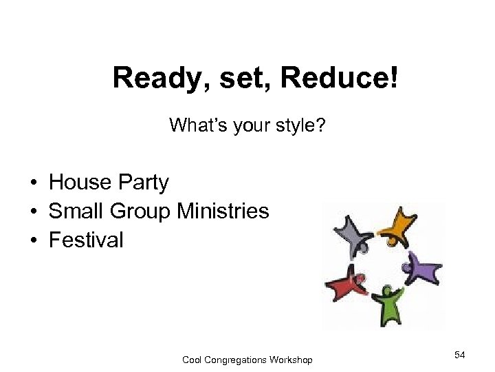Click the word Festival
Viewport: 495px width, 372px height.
pyautogui.click(x=86, y=240)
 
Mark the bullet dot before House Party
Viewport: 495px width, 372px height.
pyautogui.click(x=34, y=183)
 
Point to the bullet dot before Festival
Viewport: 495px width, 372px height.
pyautogui.click(x=34, y=240)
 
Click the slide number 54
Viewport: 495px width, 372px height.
pyautogui.click(x=460, y=354)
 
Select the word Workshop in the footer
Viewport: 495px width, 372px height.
pyautogui.click(x=292, y=360)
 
